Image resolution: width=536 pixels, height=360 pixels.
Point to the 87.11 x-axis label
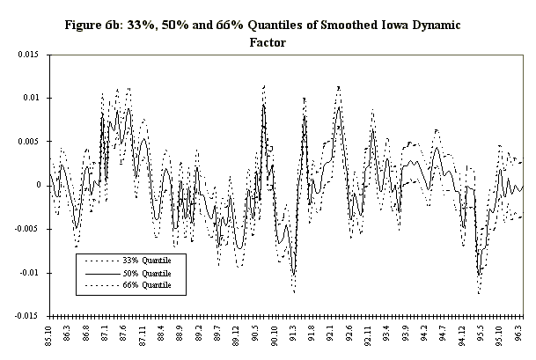click(143, 335)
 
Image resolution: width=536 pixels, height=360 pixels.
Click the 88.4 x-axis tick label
click(161, 334)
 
